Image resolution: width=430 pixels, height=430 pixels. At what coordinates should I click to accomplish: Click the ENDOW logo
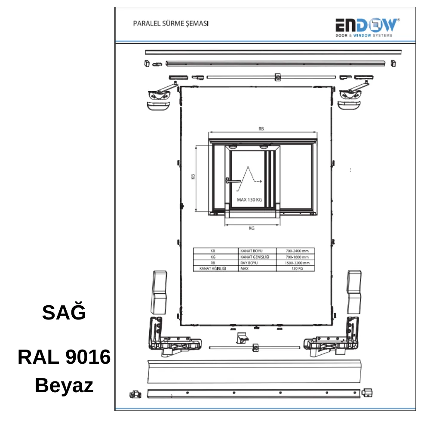pyautogui.click(x=367, y=28)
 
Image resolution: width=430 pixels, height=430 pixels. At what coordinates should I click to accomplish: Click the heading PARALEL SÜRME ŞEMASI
pyautogui.click(x=171, y=24)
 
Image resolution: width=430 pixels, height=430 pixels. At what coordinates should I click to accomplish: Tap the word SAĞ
pyautogui.click(x=64, y=312)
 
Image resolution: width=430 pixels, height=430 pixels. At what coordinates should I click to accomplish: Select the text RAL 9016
pyautogui.click(x=64, y=357)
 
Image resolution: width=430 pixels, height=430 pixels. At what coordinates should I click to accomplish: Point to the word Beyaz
pyautogui.click(x=64, y=386)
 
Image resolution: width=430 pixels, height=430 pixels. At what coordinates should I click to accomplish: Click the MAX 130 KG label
pyautogui.click(x=249, y=200)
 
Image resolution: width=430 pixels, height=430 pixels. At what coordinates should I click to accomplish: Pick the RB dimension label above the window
pyautogui.click(x=261, y=129)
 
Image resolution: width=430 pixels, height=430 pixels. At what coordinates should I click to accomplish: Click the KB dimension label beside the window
pyautogui.click(x=193, y=177)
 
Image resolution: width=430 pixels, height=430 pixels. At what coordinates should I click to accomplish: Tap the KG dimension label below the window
pyautogui.click(x=252, y=228)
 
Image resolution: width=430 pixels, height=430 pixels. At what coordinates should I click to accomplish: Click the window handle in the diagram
pyautogui.click(x=233, y=181)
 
